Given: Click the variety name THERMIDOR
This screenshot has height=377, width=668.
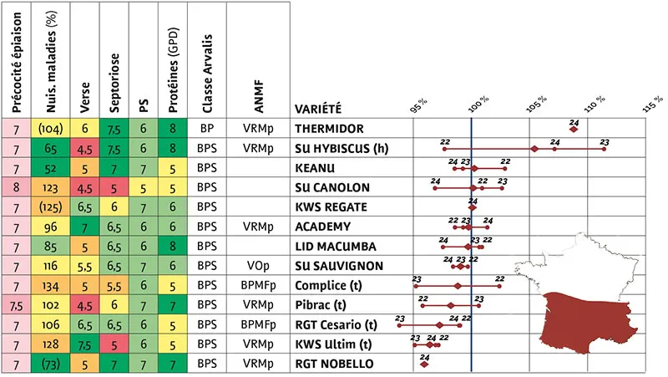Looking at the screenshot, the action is pyautogui.click(x=329, y=129).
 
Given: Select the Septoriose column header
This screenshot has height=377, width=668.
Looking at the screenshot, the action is pyautogui.click(x=114, y=83).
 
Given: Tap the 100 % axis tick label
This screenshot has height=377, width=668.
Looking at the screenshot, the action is pyautogui.click(x=478, y=104).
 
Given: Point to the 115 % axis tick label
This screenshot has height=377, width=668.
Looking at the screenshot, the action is pyautogui.click(x=653, y=104).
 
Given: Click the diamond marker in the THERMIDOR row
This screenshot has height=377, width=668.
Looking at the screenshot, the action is pyautogui.click(x=574, y=130).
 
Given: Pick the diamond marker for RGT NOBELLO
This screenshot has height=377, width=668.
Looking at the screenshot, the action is pyautogui.click(x=424, y=364).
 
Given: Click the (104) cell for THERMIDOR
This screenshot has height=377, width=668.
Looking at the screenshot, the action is pyautogui.click(x=50, y=129).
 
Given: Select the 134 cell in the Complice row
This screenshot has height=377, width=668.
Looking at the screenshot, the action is pyautogui.click(x=50, y=285).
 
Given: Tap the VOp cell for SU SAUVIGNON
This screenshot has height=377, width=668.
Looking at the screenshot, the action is pyautogui.click(x=258, y=266).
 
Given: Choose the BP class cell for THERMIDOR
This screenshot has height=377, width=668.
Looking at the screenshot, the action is pyautogui.click(x=207, y=129).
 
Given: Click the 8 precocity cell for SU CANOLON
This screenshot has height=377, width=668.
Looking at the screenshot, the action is pyautogui.click(x=16, y=187).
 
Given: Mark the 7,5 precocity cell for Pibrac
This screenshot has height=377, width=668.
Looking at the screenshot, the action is pyautogui.click(x=16, y=305).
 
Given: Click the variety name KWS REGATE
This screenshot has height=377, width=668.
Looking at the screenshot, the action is pyautogui.click(x=331, y=206).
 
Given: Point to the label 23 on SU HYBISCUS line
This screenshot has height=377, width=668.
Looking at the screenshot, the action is pyautogui.click(x=605, y=142).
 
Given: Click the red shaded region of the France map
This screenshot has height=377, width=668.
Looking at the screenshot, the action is pyautogui.click(x=588, y=322).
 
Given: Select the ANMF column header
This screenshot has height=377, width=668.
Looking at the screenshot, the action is pyautogui.click(x=259, y=97).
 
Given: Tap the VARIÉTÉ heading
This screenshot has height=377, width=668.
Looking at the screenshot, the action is pyautogui.click(x=318, y=109).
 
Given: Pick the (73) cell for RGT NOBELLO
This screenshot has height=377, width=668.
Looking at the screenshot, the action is pyautogui.click(x=50, y=364).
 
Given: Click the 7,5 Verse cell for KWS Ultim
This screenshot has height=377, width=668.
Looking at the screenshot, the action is pyautogui.click(x=85, y=344).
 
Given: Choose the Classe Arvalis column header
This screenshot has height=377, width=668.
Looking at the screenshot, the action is pyautogui.click(x=207, y=74).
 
